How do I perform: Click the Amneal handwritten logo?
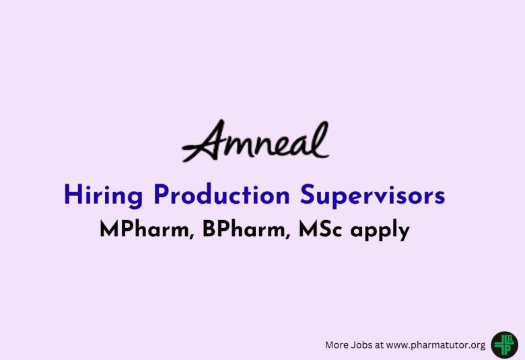click(x=256, y=143)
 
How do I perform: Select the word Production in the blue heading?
click(x=223, y=195)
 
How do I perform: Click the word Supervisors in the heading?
click(x=372, y=196)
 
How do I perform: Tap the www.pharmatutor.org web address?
click(x=435, y=345)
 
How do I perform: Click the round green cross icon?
click(x=504, y=344)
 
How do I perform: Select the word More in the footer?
click(x=337, y=345)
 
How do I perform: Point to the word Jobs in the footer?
click(x=363, y=345)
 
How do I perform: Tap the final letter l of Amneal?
click(x=322, y=139)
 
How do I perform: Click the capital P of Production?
click(x=162, y=195)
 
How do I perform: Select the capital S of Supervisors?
click(x=308, y=195)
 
